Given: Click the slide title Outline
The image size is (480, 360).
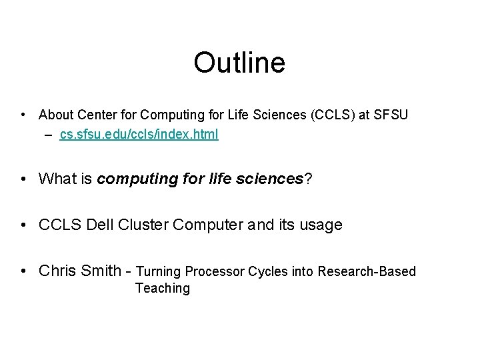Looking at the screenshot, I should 239,63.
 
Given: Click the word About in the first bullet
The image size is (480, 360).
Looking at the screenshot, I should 56,115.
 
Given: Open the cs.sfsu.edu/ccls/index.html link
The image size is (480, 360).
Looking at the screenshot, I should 139,135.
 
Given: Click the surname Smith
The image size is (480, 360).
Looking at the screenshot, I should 100,271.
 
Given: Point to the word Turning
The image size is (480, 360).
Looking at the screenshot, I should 158,271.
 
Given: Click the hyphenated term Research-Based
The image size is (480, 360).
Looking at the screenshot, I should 367,271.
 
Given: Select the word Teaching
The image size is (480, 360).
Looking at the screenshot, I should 162,289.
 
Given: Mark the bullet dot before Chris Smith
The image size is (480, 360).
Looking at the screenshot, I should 23,271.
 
